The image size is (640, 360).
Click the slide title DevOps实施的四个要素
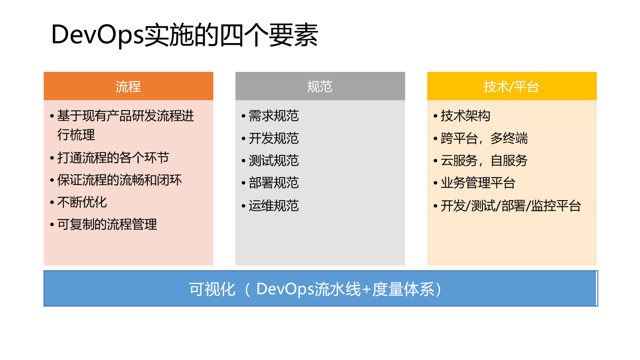[185, 35]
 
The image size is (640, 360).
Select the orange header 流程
[128, 86]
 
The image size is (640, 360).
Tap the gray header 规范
[320, 86]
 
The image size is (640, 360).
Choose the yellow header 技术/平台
[511, 86]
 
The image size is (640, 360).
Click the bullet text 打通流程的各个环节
[113, 158]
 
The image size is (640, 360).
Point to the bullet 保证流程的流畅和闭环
[119, 180]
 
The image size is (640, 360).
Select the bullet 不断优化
[82, 202]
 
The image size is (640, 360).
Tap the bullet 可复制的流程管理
[107, 224]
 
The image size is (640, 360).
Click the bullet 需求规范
[273, 116]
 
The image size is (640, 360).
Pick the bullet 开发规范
[273, 138]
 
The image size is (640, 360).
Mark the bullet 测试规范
[273, 161]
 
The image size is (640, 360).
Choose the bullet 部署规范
[273, 183]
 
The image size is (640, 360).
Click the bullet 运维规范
[273, 206]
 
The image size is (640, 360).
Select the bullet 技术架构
[465, 116]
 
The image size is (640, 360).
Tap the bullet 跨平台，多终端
[484, 138]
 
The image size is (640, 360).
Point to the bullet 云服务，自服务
[484, 161]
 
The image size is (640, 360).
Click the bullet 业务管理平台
[478, 183]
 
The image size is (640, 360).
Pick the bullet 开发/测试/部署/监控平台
[511, 206]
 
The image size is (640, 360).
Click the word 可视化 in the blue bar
[212, 289]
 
